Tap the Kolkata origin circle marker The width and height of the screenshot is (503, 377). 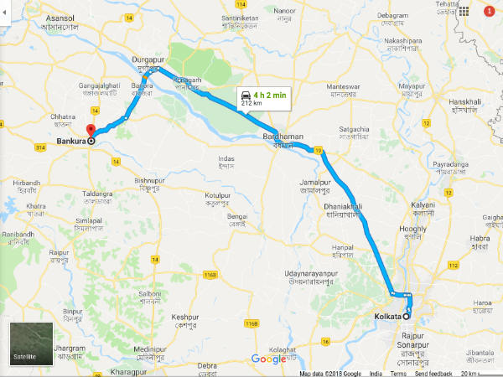click(x=407, y=316)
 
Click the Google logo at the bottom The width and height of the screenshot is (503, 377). click(x=269, y=359)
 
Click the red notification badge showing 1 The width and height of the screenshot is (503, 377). click(x=489, y=13)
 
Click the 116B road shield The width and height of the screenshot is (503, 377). click(x=210, y=274)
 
